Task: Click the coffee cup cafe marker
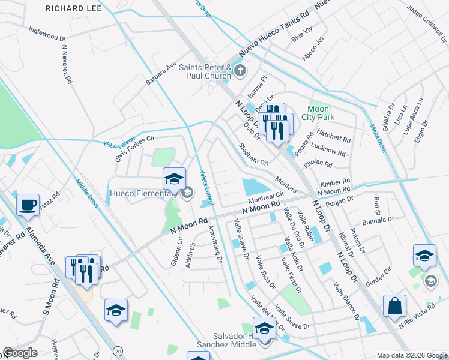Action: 28,205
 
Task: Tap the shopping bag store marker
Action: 396,306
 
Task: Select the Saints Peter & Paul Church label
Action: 205,71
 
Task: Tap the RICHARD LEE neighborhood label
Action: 73,9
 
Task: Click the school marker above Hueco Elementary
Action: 175,179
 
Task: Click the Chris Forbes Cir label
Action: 139,147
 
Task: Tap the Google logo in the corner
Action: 20,353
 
